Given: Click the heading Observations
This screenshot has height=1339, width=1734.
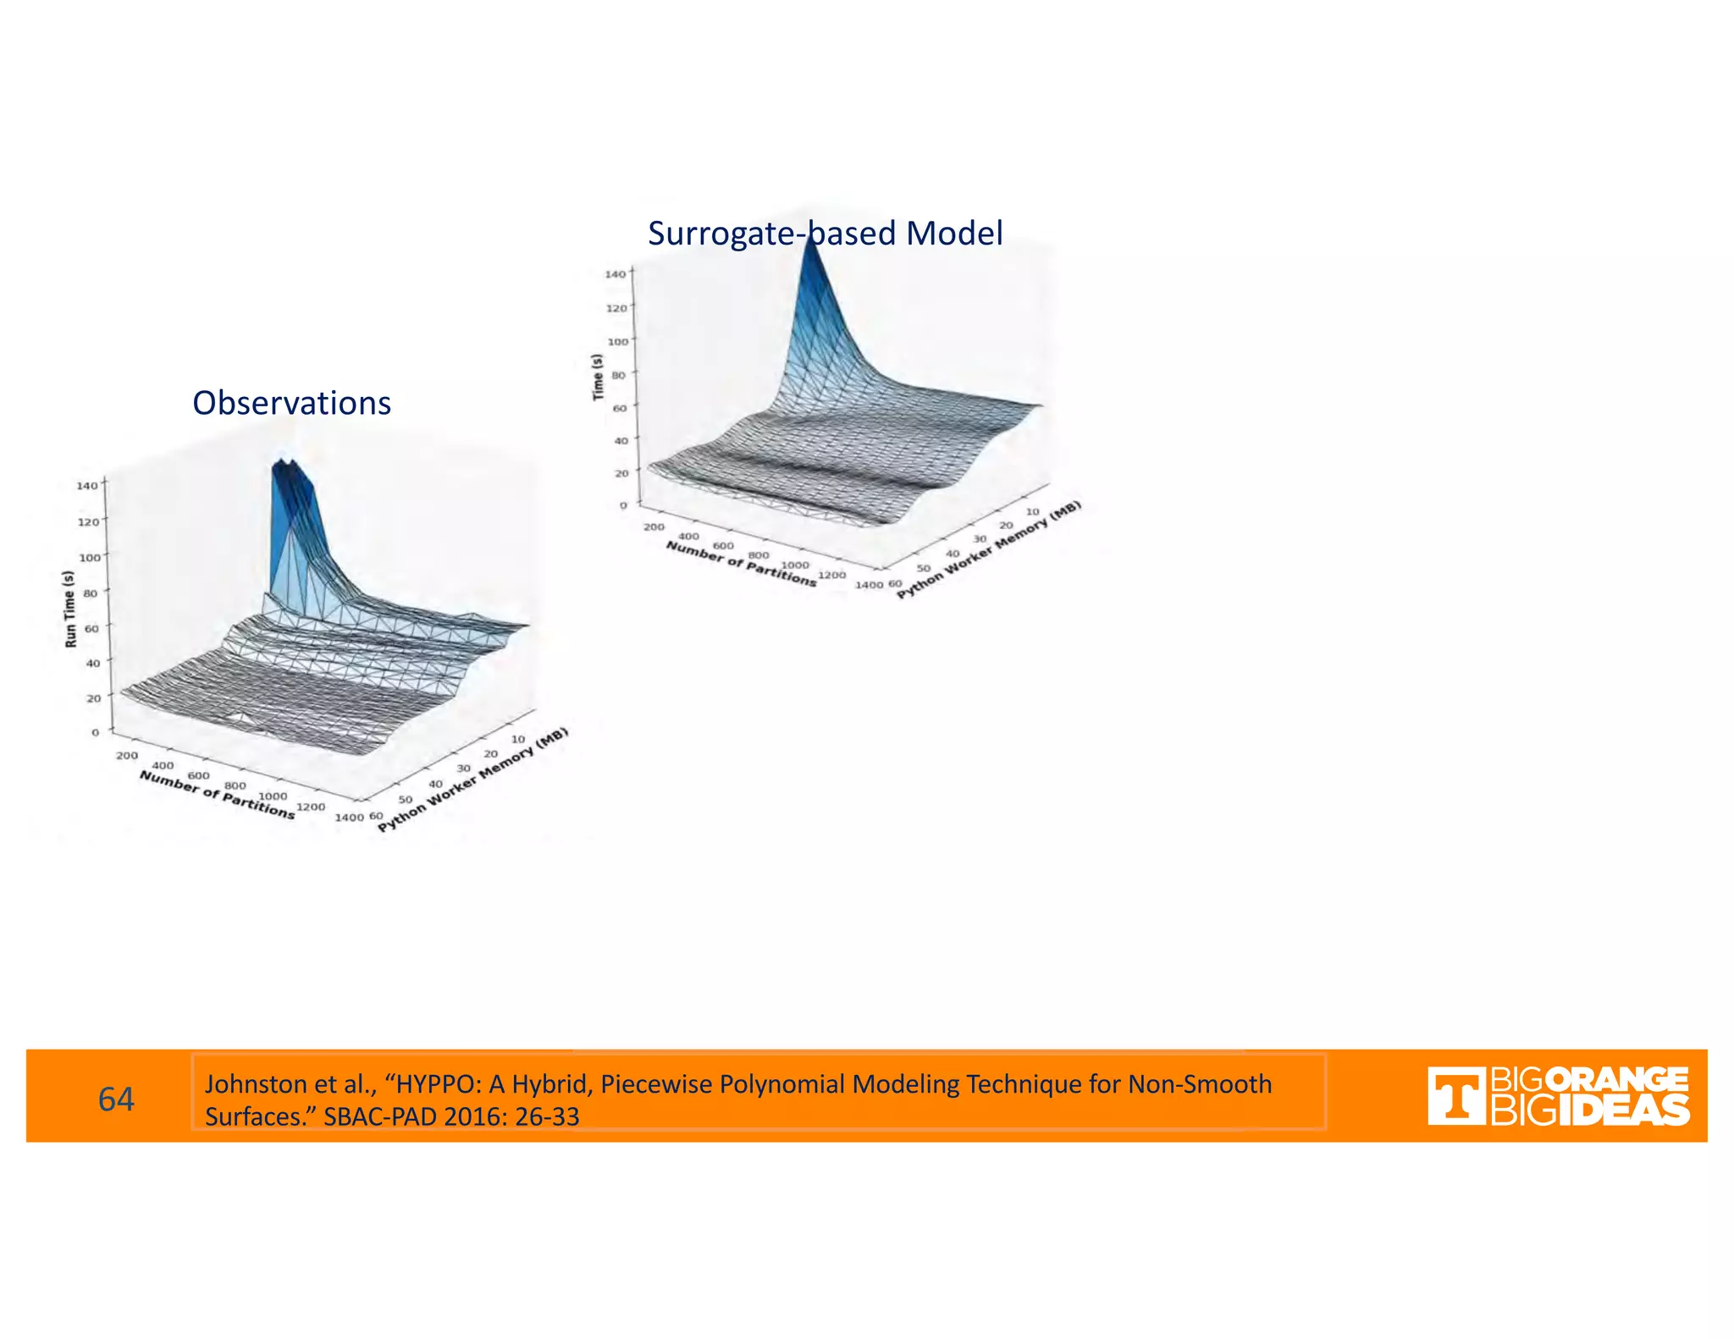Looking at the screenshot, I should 291,403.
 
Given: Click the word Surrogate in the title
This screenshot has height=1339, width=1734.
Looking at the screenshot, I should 721,234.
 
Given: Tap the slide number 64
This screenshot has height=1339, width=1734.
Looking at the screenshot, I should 116,1099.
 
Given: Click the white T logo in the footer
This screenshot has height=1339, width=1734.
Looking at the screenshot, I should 1455,1096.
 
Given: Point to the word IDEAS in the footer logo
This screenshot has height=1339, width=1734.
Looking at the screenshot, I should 1624,1110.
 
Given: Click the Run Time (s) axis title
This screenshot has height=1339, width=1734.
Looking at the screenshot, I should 70,609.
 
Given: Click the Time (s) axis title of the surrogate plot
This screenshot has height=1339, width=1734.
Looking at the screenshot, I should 598,377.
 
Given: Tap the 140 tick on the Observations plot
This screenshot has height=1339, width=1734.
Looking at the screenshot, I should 87,485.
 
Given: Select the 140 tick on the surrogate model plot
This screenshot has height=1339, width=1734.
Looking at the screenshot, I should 616,273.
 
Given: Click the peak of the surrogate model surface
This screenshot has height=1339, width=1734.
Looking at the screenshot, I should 810,241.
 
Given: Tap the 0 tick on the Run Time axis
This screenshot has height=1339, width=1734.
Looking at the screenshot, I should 96,732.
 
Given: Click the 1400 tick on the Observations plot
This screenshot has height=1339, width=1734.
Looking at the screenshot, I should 349,818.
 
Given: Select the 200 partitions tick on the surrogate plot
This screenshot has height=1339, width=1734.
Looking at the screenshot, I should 654,526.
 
